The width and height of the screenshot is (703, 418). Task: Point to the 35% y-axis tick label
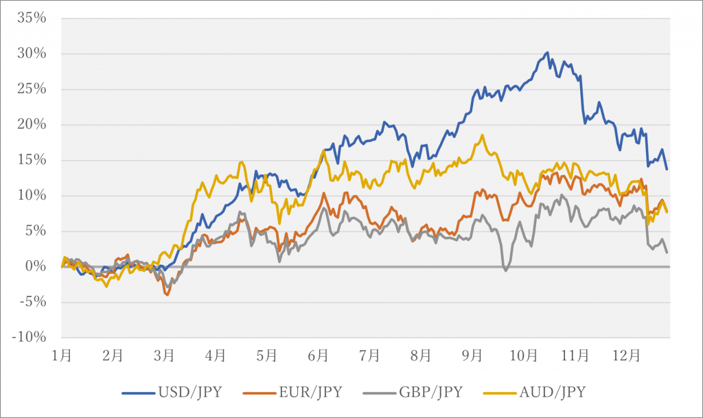point(32,18)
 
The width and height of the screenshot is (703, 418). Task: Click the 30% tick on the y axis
point(32,54)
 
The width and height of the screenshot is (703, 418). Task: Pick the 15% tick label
point(32,160)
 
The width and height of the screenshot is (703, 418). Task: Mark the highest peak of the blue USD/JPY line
point(547,52)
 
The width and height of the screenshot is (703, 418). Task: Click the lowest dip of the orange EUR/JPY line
point(167,295)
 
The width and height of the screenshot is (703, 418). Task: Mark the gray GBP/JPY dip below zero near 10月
point(506,270)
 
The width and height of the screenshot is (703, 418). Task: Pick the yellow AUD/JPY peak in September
point(483,135)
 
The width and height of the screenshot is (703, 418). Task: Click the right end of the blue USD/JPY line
point(667,169)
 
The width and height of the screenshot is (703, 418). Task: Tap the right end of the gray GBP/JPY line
point(667,253)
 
